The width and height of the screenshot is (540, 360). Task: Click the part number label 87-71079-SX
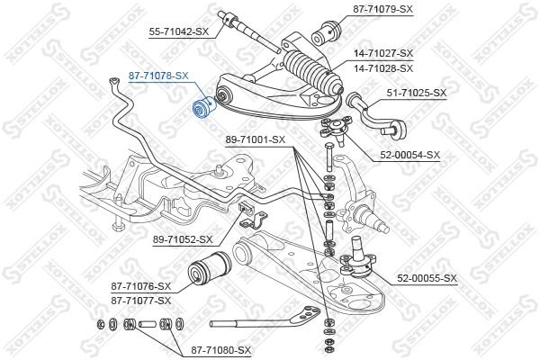tap(380, 9)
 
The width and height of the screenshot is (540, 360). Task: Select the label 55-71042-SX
tap(178, 31)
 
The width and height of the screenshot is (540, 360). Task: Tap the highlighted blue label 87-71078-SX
tap(158, 76)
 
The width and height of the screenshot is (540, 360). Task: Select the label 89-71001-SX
tap(254, 139)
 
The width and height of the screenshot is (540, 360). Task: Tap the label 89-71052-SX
tap(183, 239)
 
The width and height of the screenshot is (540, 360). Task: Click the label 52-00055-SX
tap(426, 278)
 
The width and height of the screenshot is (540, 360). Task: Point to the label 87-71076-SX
tap(142, 287)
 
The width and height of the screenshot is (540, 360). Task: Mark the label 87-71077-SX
tap(142, 301)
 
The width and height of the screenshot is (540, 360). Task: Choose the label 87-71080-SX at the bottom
tap(220, 350)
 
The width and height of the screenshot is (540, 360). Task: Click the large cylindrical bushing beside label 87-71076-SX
tap(207, 270)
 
